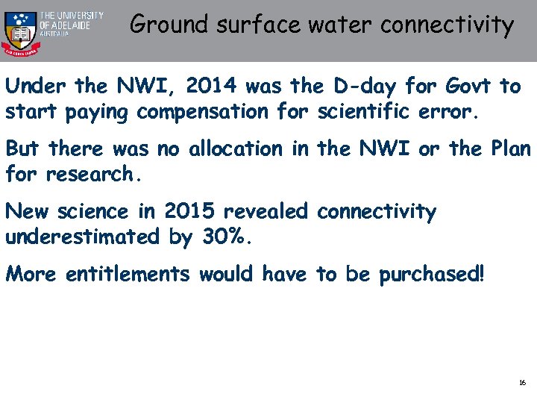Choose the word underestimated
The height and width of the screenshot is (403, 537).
coord(82,237)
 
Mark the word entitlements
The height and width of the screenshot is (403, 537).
coord(128,275)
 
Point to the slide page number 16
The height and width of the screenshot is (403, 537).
coord(522,383)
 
